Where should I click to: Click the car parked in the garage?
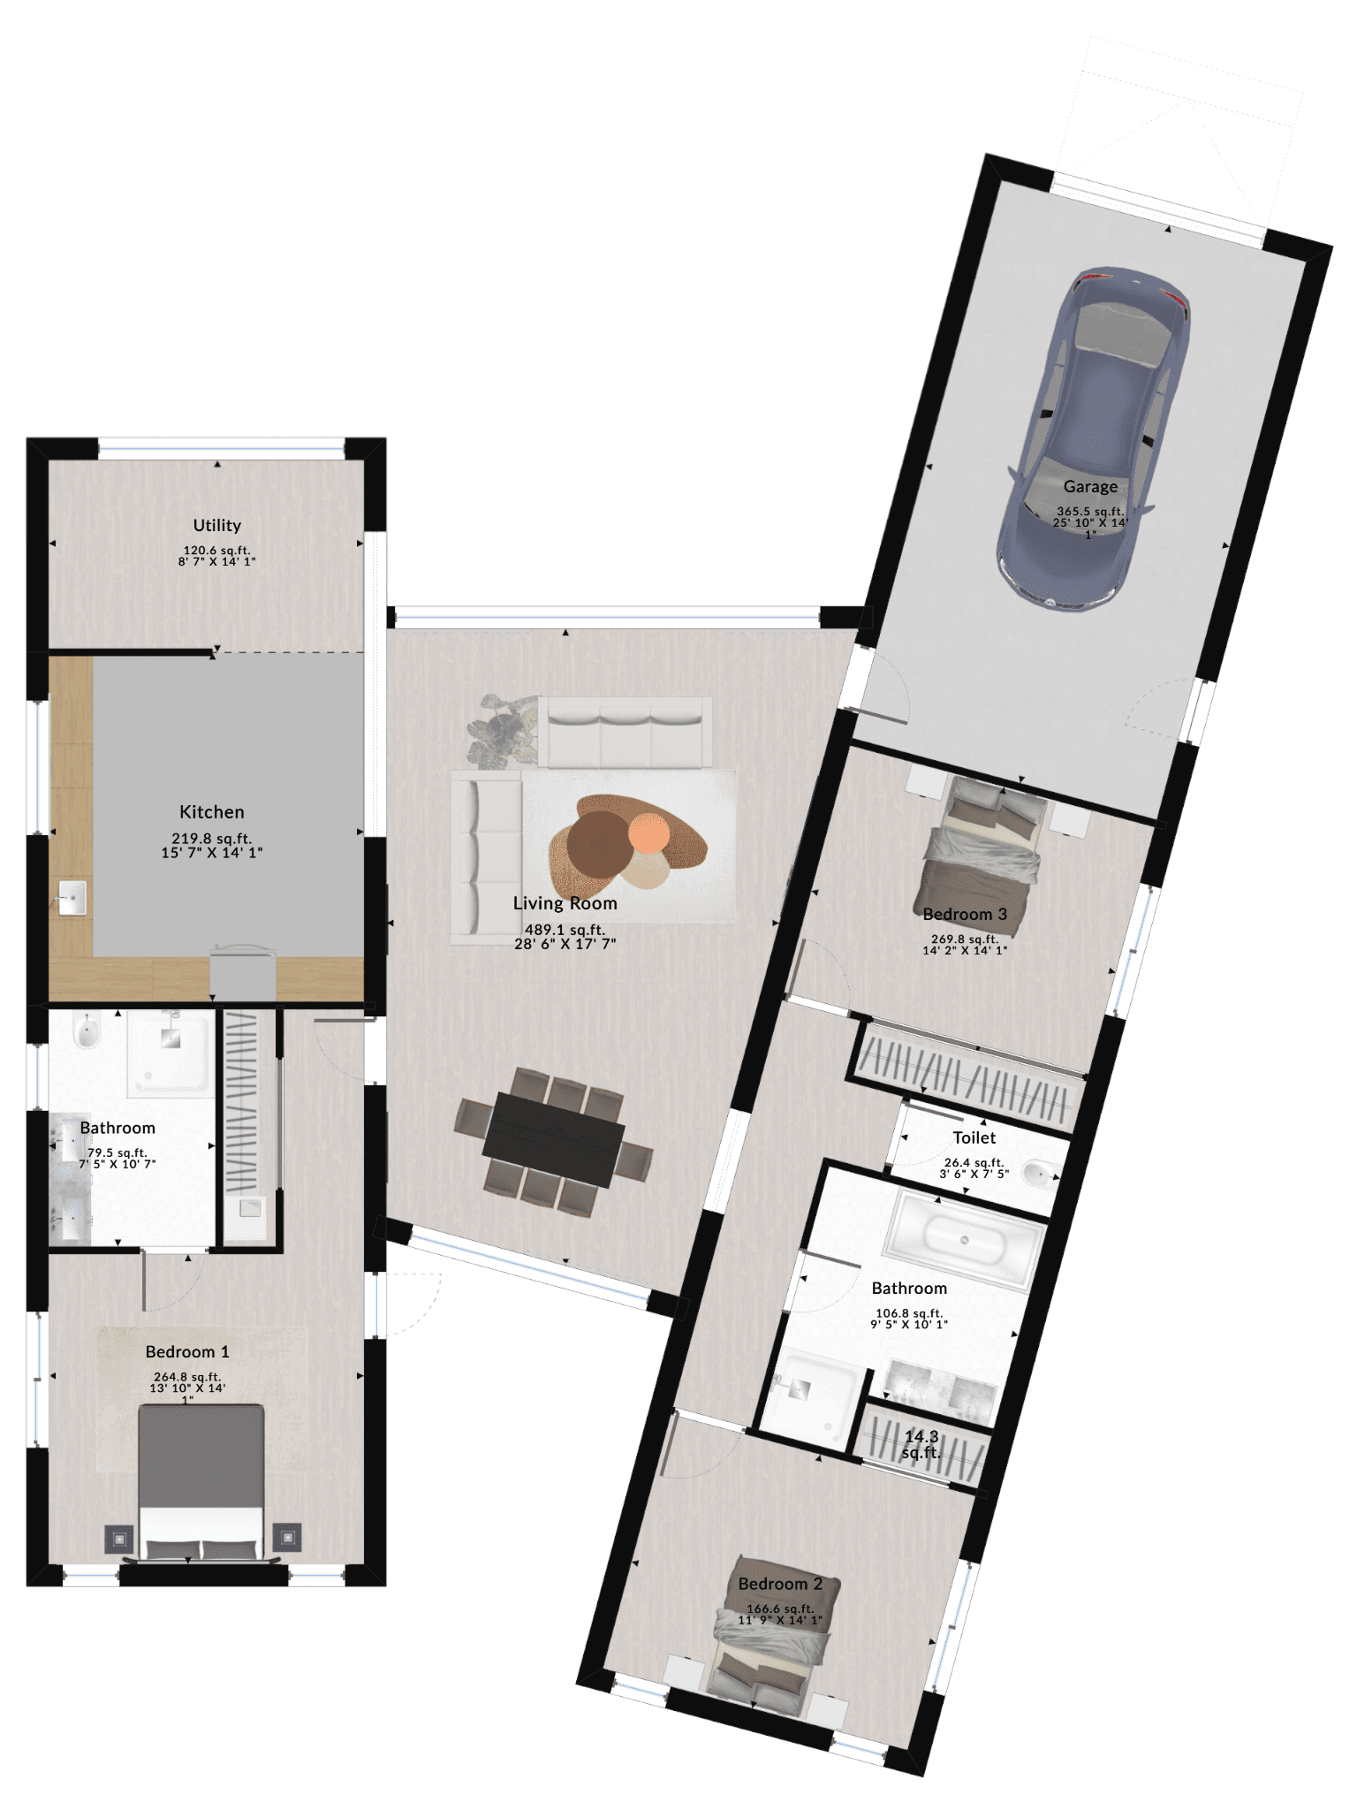1094,437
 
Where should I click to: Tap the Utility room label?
217,525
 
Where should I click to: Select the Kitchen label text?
212,811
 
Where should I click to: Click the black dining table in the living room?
554,1137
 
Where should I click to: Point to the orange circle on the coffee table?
649,833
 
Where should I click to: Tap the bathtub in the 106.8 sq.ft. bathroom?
964,1237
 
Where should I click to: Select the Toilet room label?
974,1137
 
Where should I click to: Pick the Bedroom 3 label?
965,914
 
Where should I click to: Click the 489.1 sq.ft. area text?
565,930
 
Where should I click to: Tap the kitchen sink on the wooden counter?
72,898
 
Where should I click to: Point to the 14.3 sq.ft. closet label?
921,1444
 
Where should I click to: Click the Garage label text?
1090,486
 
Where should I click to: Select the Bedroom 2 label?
780,1584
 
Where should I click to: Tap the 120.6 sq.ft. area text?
217,550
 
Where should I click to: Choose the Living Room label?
565,903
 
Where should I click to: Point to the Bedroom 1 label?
187,1351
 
